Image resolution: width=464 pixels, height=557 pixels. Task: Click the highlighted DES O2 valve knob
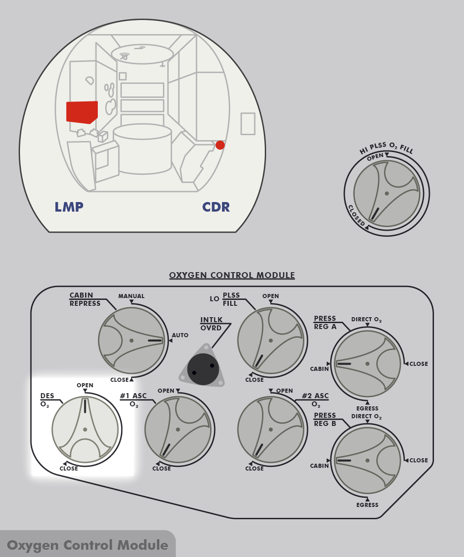[x=85, y=430]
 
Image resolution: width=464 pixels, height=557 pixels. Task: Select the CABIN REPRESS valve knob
[x=131, y=340]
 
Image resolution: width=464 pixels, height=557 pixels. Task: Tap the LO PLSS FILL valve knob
[x=271, y=340]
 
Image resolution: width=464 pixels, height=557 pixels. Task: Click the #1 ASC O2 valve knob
[x=178, y=430]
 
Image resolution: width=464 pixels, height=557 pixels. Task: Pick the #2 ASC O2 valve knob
[x=271, y=430]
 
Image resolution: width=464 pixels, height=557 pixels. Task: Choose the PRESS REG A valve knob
[x=367, y=364]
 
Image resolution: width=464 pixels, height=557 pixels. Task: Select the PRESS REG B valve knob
[x=367, y=461]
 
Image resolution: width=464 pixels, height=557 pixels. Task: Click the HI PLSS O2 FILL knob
[x=387, y=193]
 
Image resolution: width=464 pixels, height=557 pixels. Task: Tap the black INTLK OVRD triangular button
[x=203, y=366]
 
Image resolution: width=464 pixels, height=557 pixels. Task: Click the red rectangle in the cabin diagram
[x=82, y=112]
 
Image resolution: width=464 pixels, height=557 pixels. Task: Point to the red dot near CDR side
[x=220, y=145]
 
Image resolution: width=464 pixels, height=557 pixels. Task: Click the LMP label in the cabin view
[x=69, y=207]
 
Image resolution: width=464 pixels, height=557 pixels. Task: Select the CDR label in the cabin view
[x=216, y=207]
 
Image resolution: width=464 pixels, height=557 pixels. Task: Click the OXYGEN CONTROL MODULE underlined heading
[x=232, y=275]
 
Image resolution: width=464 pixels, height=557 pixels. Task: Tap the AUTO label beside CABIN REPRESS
[x=180, y=335]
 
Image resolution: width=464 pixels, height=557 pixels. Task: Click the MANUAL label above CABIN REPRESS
[x=131, y=296]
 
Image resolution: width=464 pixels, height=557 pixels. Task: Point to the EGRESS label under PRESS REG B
[x=368, y=505]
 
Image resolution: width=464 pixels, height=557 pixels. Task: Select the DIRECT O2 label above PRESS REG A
[x=367, y=320]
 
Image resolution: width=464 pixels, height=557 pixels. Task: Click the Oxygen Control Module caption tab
[x=87, y=545]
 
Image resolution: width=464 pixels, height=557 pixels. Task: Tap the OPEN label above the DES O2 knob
[x=85, y=385]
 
